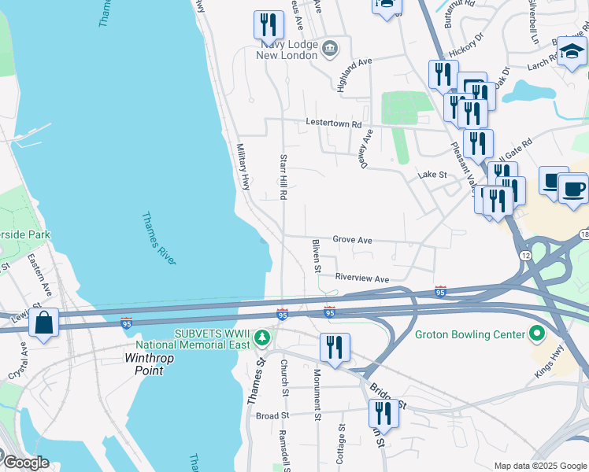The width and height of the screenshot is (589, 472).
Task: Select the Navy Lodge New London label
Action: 289,50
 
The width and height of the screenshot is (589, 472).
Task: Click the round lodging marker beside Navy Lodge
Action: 330,49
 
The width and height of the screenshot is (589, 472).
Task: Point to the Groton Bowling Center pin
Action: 538,334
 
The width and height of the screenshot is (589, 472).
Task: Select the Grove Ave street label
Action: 352,239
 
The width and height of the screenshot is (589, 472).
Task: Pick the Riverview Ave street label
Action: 362,278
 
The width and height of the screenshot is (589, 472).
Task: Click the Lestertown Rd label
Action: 334,124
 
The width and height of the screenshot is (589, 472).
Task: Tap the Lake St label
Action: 432,174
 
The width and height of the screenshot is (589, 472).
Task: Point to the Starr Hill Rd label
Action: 283,177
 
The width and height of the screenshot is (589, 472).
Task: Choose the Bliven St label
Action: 316,256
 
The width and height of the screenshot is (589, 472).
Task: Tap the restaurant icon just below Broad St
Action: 383,413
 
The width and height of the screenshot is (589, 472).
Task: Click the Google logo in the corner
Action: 25,462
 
